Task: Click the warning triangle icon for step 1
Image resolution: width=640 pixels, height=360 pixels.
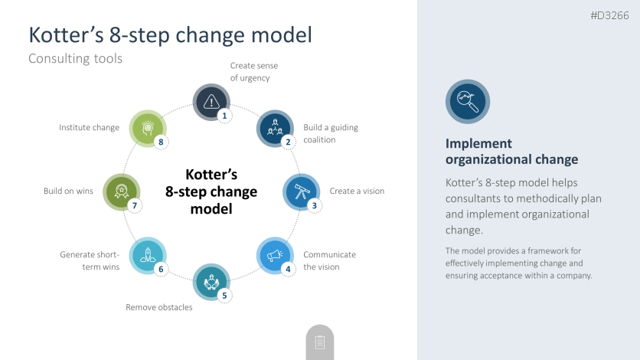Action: click(211, 101)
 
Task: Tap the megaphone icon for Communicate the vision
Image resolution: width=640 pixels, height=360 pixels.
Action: click(275, 255)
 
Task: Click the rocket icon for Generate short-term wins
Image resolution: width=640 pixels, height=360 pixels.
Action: click(149, 255)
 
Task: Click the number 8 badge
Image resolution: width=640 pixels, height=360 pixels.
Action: click(161, 142)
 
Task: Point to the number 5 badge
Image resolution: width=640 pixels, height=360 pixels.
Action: click(224, 295)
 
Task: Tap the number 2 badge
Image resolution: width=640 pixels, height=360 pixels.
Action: click(288, 142)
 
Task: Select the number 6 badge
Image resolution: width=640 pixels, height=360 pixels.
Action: click(161, 269)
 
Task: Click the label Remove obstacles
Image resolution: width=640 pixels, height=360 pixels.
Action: click(158, 307)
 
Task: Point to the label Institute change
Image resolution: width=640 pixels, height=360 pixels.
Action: click(89, 127)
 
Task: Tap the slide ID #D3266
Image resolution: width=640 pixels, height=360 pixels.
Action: click(609, 16)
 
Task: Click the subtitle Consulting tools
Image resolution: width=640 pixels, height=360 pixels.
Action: click(75, 58)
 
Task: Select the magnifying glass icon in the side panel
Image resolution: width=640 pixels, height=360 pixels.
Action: click(467, 101)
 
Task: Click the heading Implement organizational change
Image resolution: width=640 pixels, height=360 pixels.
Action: click(511, 152)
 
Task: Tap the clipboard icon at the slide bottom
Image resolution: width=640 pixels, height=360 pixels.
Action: click(320, 342)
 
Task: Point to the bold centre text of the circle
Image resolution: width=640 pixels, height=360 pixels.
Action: click(211, 191)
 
